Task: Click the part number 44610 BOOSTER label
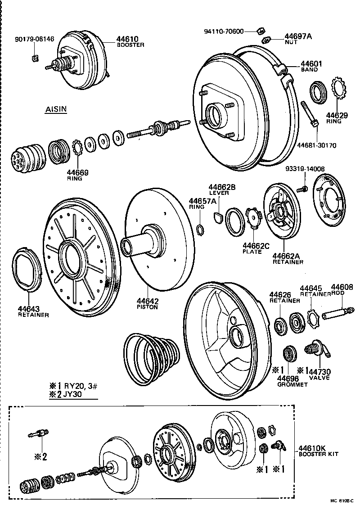pyautogui.click(x=130, y=41)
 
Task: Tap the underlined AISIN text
pyautogui.click(x=56, y=109)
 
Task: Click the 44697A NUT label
pyautogui.click(x=298, y=38)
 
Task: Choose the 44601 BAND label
pyautogui.click(x=310, y=67)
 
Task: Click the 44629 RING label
pyautogui.click(x=337, y=118)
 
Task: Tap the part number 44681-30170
pyautogui.click(x=316, y=145)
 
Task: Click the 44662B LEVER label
pyautogui.click(x=219, y=189)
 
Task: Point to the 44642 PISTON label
pyautogui.click(x=148, y=304)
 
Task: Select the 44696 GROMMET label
pyautogui.click(x=292, y=381)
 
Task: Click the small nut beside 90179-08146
pyautogui.click(x=34, y=57)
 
